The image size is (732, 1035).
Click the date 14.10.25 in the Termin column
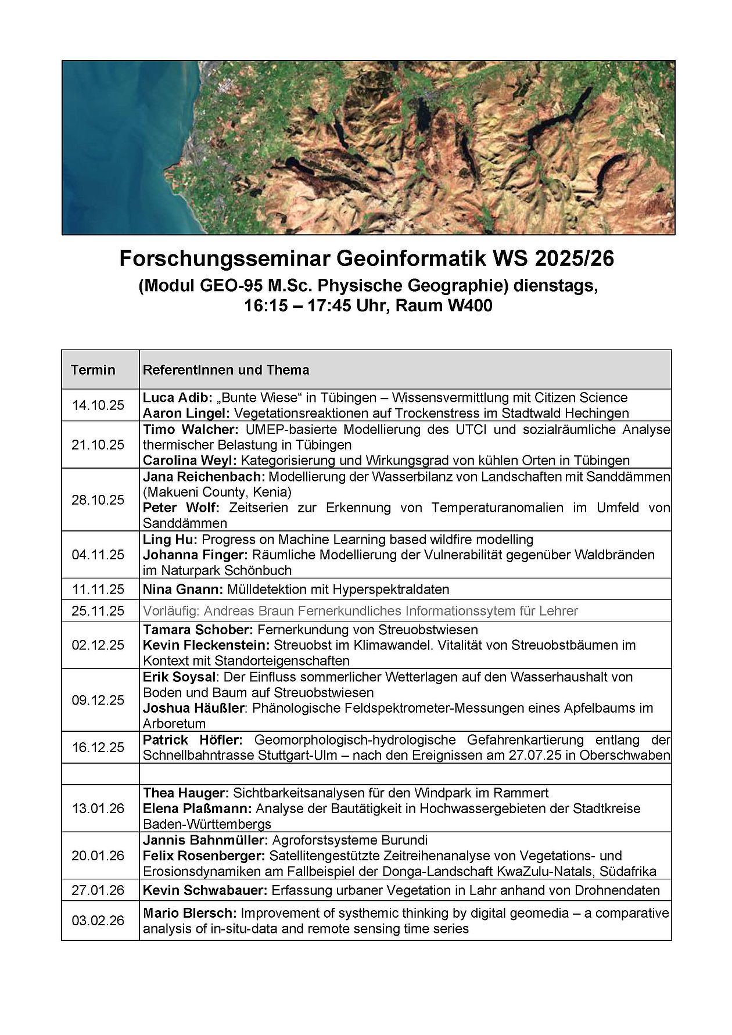coord(98,405)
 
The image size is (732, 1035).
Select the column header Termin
coord(93,370)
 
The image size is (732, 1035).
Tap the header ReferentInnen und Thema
coord(226,370)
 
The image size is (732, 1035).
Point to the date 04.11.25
coord(98,555)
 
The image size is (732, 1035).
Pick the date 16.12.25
coord(98,747)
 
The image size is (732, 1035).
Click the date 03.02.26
coord(98,921)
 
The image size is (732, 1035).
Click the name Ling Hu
coord(168,540)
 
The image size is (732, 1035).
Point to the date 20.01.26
coord(98,856)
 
